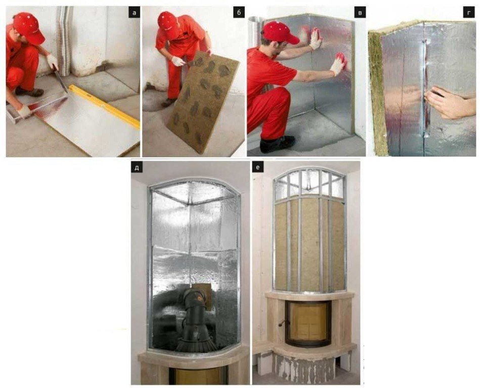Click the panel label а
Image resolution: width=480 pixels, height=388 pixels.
(x=134, y=13)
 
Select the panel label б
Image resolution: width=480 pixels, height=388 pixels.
(x=239, y=13)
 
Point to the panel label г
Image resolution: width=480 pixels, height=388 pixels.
(x=469, y=13)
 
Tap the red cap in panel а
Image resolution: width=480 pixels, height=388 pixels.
(x=29, y=27)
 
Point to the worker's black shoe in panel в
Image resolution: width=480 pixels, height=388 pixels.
(x=277, y=143)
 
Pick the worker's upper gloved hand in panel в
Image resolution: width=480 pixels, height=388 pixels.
(x=315, y=39)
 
